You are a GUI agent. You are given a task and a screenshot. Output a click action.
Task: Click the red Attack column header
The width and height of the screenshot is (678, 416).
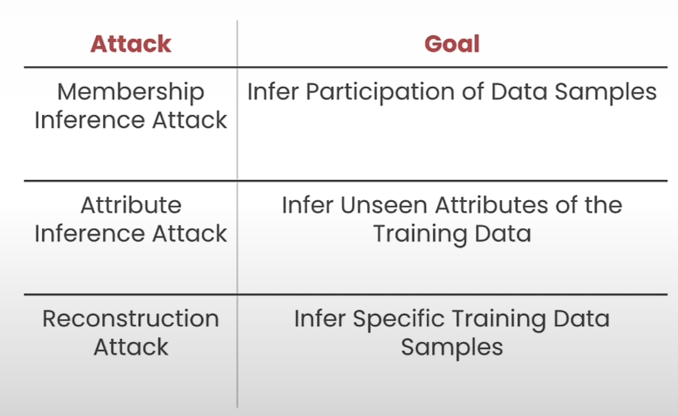131,44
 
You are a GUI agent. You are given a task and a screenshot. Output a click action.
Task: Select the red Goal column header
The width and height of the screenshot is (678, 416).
452,44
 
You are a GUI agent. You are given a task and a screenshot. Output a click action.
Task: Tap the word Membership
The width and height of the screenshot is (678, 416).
131,92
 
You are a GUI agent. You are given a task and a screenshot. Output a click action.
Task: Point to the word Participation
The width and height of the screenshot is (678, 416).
380,92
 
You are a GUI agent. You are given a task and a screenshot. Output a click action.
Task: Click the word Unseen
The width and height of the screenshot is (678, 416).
384,205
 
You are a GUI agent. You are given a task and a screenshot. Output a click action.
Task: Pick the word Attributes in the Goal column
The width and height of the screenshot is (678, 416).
492,205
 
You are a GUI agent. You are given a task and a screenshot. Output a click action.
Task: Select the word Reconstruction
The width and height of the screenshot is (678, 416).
131,319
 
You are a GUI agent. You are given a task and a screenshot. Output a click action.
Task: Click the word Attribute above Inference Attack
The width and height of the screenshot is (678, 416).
131,205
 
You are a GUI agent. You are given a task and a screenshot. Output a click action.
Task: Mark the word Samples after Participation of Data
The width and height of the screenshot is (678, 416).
606,92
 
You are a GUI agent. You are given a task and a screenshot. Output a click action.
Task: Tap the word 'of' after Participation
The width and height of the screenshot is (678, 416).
472,91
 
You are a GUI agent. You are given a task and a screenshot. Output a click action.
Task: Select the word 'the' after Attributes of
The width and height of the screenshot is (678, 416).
603,205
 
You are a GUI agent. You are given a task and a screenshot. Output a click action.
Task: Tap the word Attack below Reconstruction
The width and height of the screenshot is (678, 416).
131,347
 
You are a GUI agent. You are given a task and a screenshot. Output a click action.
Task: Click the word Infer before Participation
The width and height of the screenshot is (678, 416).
273,91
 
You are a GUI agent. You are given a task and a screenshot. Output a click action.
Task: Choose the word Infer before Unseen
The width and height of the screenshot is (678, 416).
308,205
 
